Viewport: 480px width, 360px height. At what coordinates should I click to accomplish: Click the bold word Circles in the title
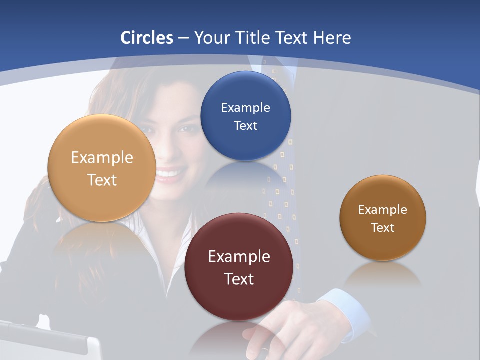tap(146, 38)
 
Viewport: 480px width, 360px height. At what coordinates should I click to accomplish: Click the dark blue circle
tap(245, 116)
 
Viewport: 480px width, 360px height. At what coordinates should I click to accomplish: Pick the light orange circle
tap(102, 168)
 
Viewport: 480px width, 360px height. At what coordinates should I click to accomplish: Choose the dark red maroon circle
tap(239, 267)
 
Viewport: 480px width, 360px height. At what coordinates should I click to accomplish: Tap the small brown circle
tap(383, 218)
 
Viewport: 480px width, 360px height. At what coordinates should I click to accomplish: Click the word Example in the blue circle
tap(245, 107)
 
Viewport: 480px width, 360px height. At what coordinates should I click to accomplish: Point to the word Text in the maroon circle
tap(239, 279)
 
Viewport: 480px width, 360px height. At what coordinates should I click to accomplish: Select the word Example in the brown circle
tap(383, 209)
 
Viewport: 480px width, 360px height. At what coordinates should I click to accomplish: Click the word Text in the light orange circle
tap(102, 180)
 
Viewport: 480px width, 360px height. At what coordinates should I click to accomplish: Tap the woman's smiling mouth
tap(170, 174)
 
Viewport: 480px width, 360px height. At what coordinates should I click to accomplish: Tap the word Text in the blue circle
tap(245, 125)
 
